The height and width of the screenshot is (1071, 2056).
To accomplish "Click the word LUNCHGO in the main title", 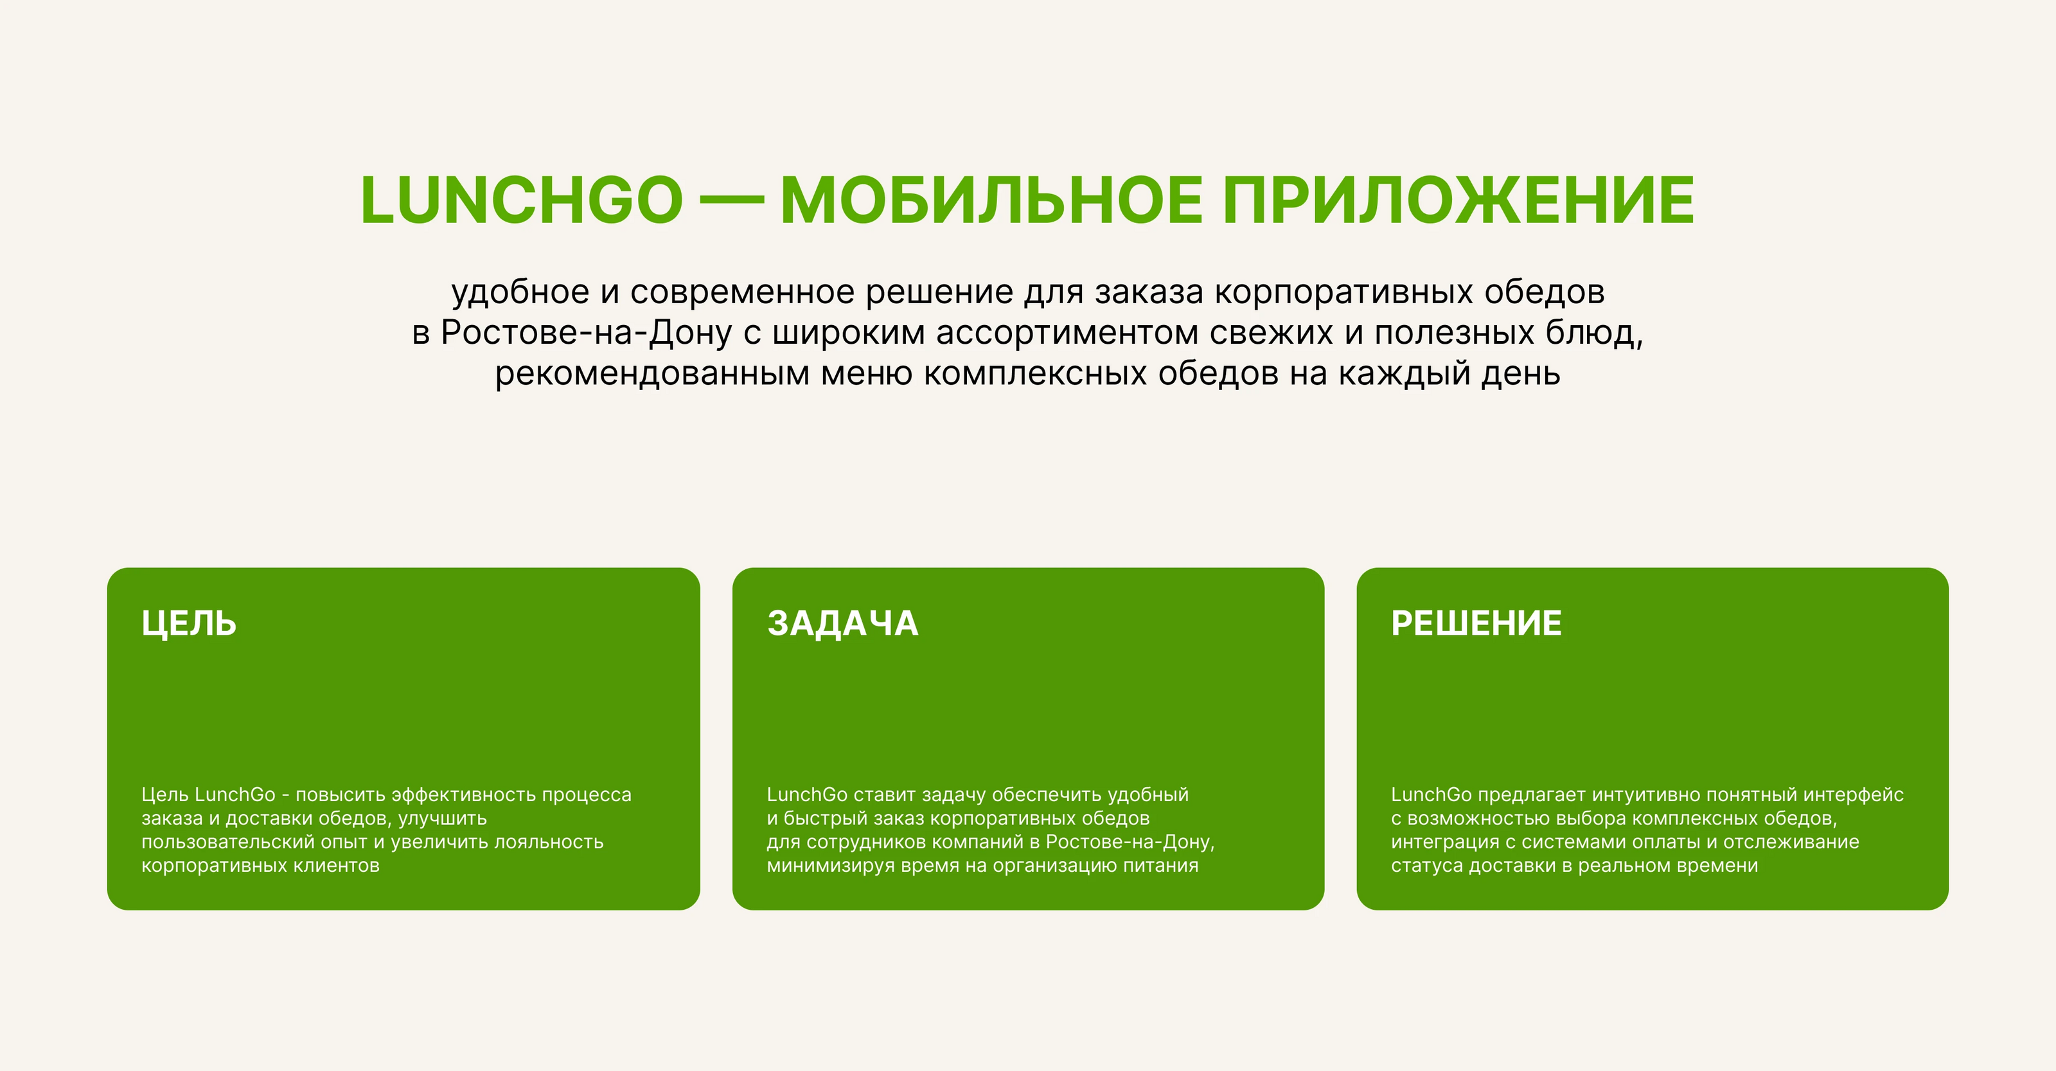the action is tap(522, 200).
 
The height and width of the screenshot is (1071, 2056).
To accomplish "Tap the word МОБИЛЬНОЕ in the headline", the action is tap(992, 200).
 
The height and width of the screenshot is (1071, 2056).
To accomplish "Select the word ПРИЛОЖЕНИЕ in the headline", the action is tap(1459, 200).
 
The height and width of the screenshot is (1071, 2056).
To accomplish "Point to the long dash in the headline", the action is tap(731, 201).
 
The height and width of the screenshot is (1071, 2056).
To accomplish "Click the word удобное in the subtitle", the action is tap(520, 292).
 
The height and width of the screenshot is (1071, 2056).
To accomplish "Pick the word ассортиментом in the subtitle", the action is tap(1067, 333).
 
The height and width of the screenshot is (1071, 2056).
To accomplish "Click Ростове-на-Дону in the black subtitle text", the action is tap(586, 333).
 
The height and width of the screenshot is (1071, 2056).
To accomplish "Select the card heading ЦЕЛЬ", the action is tap(189, 624).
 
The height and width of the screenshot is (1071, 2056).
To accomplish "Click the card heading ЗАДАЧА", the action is tap(843, 623).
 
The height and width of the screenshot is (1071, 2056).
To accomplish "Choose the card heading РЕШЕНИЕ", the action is tap(1476, 623).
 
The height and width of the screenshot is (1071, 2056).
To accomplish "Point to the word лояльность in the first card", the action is tap(549, 842).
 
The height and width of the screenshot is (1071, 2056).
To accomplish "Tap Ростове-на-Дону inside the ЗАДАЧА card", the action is tap(1130, 842).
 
